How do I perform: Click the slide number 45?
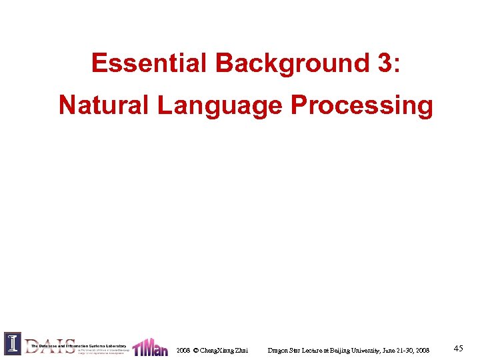pos(458,348)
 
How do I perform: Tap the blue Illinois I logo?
pos(13,343)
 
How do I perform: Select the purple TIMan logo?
pos(151,347)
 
